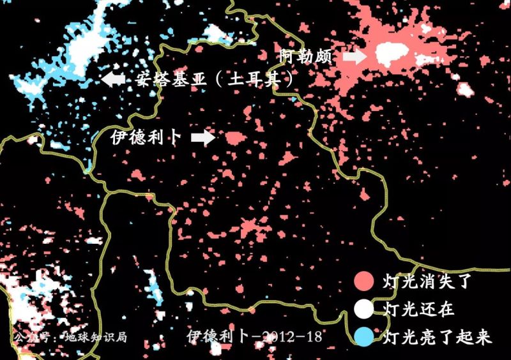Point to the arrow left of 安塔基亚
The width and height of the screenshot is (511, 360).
[x=113, y=80]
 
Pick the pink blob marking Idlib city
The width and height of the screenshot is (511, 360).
[x=234, y=137]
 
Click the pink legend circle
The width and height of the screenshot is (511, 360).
[x=363, y=281]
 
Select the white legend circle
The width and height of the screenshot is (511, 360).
[x=363, y=309]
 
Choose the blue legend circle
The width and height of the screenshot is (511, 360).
[x=363, y=336]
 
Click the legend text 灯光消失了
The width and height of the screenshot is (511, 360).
[x=427, y=281]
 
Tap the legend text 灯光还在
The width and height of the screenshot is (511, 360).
[x=418, y=309]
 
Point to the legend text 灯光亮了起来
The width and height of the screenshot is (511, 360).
[x=437, y=336]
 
